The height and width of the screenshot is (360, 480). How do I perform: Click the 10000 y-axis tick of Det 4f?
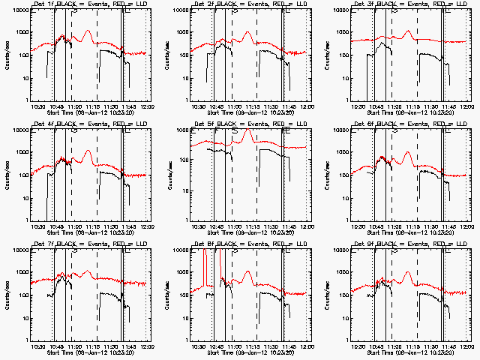(x=17, y=130)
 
